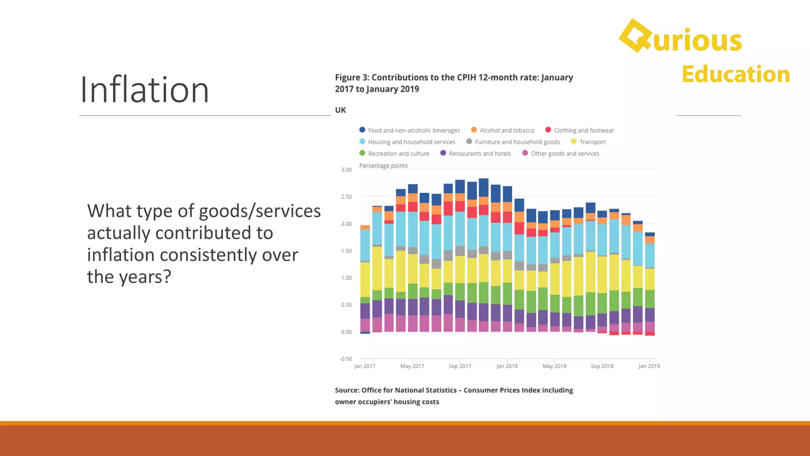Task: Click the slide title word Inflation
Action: (x=144, y=90)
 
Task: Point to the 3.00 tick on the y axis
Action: (x=346, y=170)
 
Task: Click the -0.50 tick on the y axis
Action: (x=346, y=359)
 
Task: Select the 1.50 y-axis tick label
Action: (x=346, y=251)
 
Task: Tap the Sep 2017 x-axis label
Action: (x=460, y=366)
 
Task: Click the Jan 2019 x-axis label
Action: (x=649, y=366)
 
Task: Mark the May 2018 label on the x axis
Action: (x=554, y=366)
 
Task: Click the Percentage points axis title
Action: (x=383, y=165)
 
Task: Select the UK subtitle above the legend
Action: (x=340, y=110)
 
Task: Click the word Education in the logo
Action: (x=735, y=74)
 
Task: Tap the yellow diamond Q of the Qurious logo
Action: (x=635, y=36)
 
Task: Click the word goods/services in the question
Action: (x=259, y=211)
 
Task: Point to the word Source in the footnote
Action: (x=346, y=390)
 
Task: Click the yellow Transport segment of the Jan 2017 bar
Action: (x=365, y=279)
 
